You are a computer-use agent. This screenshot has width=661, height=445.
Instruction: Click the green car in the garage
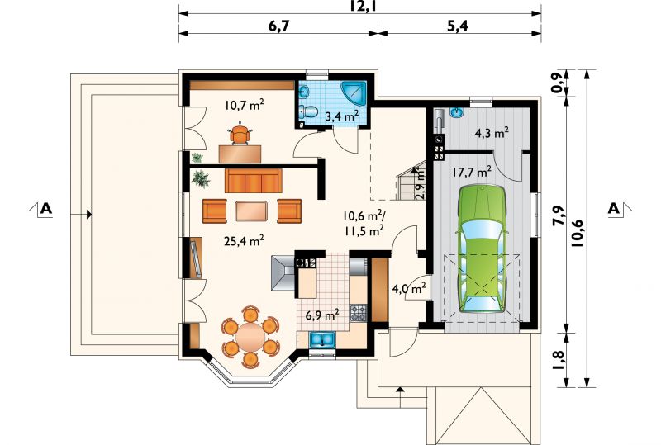point(483,249)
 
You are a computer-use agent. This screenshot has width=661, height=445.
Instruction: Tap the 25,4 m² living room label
point(244,240)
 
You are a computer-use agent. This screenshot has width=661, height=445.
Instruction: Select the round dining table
point(250,336)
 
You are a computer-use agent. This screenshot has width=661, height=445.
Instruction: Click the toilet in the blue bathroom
point(308,112)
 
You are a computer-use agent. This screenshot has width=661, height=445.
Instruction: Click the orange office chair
point(240,133)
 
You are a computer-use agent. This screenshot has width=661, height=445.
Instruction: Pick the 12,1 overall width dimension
point(360,6)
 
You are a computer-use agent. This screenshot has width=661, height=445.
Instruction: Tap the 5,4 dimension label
point(457,26)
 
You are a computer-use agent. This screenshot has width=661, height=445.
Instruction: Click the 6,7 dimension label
point(279,26)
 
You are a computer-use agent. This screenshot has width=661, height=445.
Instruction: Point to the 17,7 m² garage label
point(472,172)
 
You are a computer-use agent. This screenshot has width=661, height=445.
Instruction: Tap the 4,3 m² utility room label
point(492,133)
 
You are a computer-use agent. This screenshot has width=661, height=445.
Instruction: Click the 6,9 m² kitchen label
point(322,315)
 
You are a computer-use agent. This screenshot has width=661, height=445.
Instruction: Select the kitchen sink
point(322,339)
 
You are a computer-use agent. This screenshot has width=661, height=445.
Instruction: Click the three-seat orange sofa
point(254,180)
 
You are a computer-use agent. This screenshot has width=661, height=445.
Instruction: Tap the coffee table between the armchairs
point(251,211)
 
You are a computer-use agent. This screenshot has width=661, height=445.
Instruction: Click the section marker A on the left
point(46,209)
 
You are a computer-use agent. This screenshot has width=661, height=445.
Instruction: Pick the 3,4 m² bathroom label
point(342,116)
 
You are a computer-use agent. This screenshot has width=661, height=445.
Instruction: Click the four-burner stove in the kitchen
point(359,313)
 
